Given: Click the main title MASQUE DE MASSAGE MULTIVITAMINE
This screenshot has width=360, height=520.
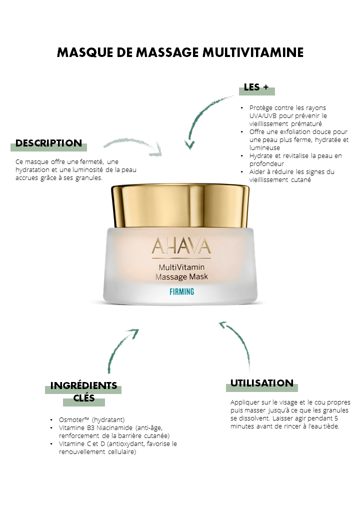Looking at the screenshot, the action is click(x=180, y=52).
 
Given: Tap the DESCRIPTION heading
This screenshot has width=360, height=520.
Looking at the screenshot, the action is click(x=48, y=143).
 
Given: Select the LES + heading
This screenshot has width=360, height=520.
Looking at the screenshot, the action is click(x=256, y=87).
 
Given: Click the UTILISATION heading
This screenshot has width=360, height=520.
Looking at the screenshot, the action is click(x=262, y=383).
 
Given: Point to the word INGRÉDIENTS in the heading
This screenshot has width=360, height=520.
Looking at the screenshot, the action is click(x=83, y=385).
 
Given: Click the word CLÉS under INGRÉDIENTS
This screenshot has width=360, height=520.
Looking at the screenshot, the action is click(x=84, y=397).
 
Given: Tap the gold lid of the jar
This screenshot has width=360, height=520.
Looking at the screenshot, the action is click(x=180, y=205).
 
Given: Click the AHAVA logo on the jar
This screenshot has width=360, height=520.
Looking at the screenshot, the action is click(x=181, y=246).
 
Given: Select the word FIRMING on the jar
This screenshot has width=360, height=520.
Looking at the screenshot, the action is click(x=181, y=291).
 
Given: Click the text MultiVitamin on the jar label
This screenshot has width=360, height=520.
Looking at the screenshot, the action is click(x=181, y=267).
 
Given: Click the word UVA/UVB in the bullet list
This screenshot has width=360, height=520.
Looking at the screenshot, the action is click(x=263, y=115).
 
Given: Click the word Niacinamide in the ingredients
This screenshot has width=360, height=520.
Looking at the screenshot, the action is click(x=114, y=428).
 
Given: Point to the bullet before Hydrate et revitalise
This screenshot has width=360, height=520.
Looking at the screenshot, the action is click(x=242, y=156).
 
